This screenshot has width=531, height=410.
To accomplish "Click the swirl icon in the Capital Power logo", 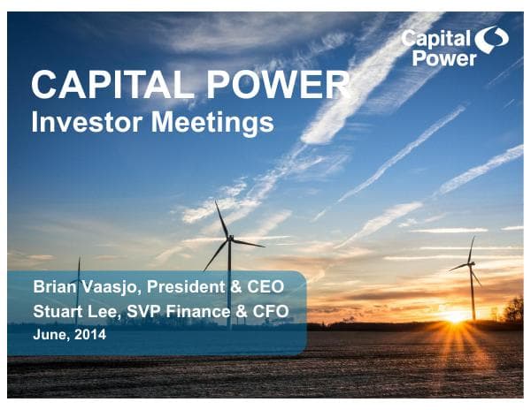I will [x=491, y=41].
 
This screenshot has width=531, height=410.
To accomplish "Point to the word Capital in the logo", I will [x=435, y=37].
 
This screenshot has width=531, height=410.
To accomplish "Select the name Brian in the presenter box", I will [x=54, y=287].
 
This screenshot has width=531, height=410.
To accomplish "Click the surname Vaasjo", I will [x=115, y=287].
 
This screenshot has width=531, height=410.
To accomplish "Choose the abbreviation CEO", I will [x=277, y=287].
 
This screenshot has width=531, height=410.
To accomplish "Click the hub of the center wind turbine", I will [x=230, y=239].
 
